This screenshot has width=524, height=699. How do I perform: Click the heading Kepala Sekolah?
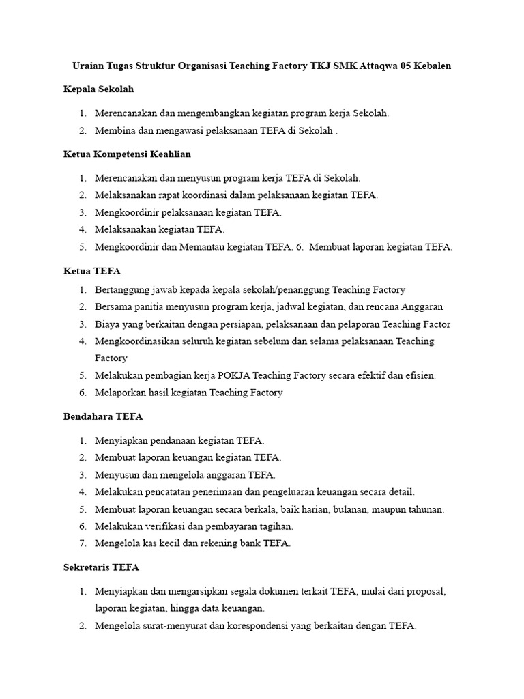tap(98, 89)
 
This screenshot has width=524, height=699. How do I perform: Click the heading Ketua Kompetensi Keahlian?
tap(127, 154)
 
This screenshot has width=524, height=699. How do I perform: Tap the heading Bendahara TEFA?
tap(103, 416)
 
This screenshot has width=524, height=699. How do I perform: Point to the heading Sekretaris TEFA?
tap(101, 567)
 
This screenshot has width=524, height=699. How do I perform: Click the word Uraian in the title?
tap(87, 66)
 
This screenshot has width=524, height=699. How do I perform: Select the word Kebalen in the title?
tap(431, 66)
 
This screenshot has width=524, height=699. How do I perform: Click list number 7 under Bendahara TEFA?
tap(82, 543)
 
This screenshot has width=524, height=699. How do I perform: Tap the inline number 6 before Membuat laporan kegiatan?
tap(299, 247)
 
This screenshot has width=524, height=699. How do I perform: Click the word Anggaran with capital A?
tap(420, 307)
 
